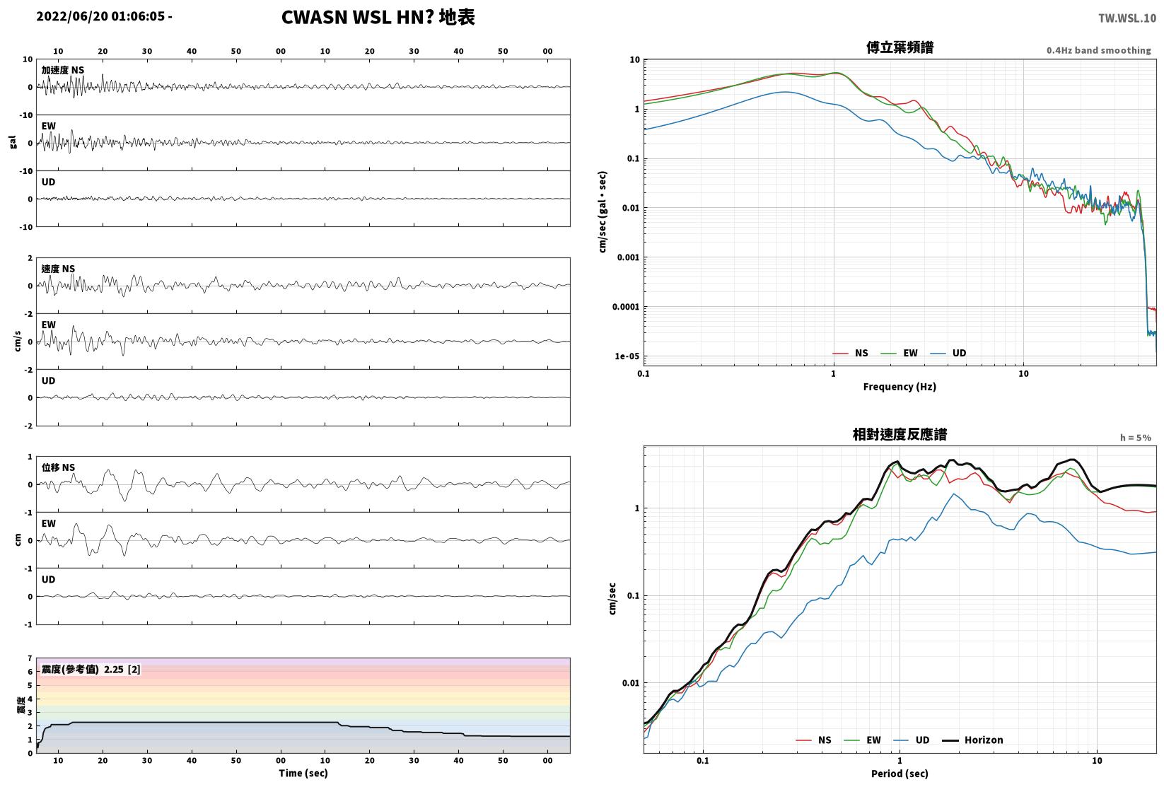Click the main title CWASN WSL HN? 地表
[378, 17]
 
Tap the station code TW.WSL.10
[1127, 18]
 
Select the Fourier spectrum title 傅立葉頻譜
[900, 47]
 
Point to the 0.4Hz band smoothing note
[1098, 50]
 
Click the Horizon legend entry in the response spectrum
[973, 740]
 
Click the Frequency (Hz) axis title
[900, 387]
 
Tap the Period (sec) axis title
[900, 774]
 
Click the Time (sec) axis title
[303, 773]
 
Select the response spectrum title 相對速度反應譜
[900, 434]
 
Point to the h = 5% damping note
[1136, 438]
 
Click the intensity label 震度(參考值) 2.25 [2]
[91, 669]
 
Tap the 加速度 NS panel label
[63, 70]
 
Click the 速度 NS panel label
[58, 269]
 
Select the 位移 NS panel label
[58, 467]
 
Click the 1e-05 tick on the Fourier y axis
[627, 356]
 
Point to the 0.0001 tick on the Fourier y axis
[626, 307]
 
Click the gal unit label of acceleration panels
[13, 142]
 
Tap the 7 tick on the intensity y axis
[30, 658]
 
